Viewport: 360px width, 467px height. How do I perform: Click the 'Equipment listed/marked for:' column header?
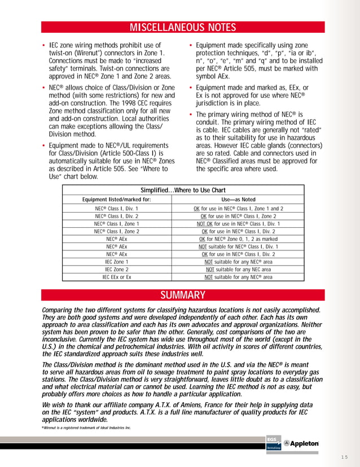click(116, 199)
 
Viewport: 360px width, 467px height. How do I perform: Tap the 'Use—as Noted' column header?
click(238, 199)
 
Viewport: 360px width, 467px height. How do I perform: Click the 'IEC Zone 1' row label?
click(116, 262)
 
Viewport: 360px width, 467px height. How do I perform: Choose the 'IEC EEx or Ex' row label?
click(116, 277)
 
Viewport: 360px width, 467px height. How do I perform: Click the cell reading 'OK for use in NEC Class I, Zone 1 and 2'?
click(238, 208)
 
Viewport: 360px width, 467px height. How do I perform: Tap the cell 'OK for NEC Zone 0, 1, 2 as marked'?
click(238, 239)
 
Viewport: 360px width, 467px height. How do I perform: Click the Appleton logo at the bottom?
click(301, 444)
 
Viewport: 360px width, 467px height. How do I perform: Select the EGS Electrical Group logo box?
click(273, 443)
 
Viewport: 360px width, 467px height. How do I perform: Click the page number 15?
click(344, 456)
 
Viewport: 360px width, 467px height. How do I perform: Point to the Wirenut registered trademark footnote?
click(86, 428)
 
